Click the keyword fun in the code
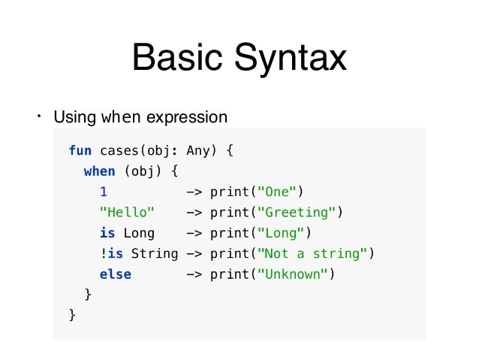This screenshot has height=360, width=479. [x=80, y=150]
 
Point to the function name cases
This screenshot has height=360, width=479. [x=119, y=150]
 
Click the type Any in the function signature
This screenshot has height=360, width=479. [x=198, y=150]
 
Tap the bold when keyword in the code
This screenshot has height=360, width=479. [x=99, y=171]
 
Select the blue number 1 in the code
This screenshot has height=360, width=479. [x=103, y=192]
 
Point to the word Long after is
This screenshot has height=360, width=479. [x=139, y=233]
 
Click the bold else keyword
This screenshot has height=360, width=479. [x=115, y=274]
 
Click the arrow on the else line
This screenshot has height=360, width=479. [x=194, y=274]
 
